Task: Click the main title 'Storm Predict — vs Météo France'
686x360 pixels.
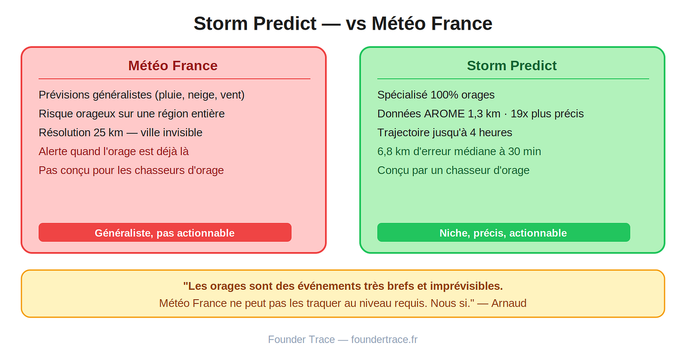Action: (x=343, y=24)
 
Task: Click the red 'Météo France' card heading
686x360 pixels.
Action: (x=173, y=65)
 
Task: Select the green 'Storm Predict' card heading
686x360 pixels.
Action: (x=512, y=65)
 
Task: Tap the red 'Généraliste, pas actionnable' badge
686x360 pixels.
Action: (x=165, y=233)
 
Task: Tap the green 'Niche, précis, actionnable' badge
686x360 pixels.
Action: (x=504, y=233)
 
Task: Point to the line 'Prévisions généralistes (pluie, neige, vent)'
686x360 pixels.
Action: (x=141, y=95)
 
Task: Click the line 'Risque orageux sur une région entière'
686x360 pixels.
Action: (x=132, y=114)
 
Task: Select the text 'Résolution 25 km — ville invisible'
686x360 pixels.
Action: (x=120, y=133)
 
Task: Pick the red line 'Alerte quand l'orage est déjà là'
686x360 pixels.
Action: (x=114, y=151)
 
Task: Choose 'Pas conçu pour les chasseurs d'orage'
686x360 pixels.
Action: (x=131, y=171)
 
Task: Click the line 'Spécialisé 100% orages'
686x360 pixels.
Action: (x=436, y=95)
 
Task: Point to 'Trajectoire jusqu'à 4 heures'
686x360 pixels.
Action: (x=445, y=133)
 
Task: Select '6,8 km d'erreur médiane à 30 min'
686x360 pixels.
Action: (x=459, y=151)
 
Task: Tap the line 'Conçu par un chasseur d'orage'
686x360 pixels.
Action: (x=453, y=171)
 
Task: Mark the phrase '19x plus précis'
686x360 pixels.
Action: (x=547, y=114)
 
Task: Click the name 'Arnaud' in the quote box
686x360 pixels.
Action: (x=509, y=303)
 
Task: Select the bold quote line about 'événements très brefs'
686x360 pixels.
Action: (x=343, y=286)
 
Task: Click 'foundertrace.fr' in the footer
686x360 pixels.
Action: (x=384, y=339)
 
